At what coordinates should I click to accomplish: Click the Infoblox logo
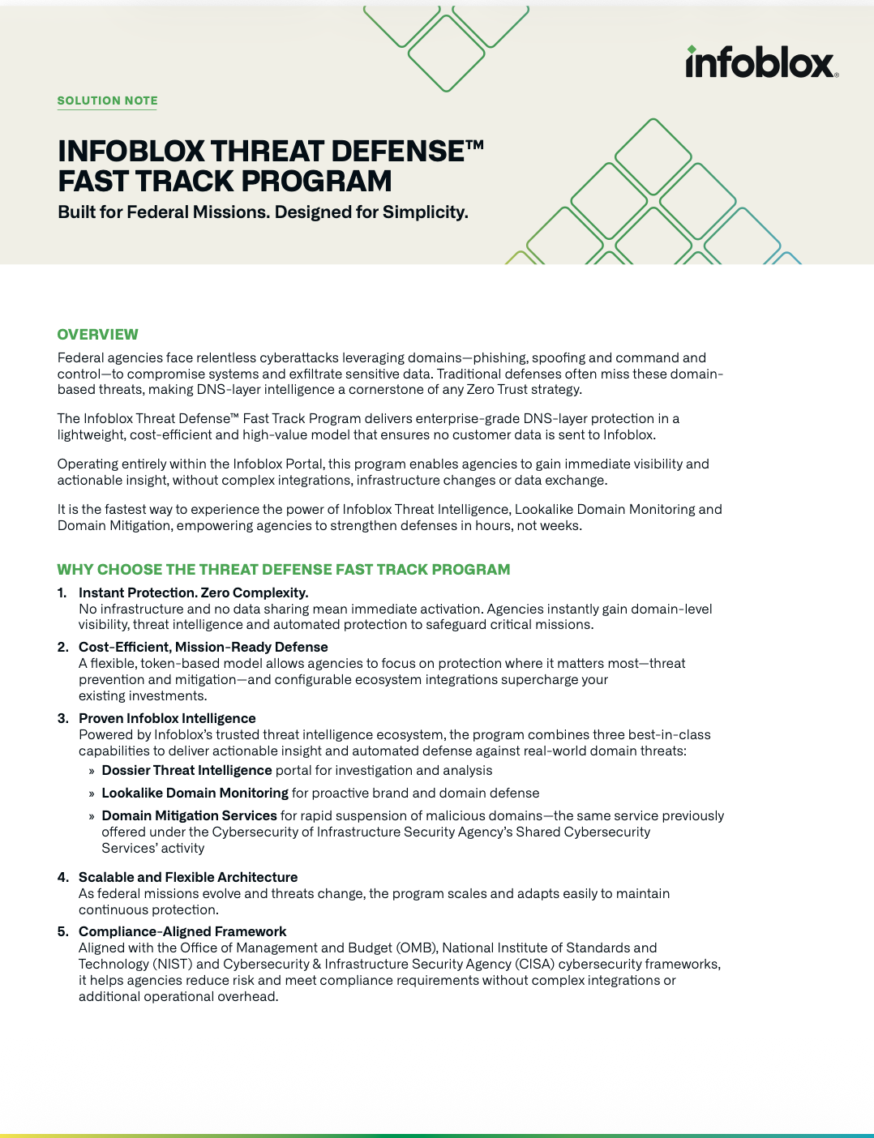[761, 62]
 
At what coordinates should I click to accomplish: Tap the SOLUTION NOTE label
[107, 101]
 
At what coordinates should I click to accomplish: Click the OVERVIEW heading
[97, 335]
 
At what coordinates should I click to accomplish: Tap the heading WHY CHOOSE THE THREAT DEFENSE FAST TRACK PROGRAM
[283, 570]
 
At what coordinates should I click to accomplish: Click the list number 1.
[62, 593]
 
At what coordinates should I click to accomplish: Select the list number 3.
[62, 719]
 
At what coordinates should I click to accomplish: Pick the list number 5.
[62, 932]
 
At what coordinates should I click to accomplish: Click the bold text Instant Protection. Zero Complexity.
[193, 593]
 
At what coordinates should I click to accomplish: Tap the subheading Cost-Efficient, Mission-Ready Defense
[203, 648]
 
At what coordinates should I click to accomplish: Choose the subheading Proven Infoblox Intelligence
[167, 719]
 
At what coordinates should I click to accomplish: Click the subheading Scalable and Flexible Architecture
[188, 878]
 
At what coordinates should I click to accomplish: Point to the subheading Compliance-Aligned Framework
[182, 932]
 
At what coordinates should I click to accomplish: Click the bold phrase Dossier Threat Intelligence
[186, 771]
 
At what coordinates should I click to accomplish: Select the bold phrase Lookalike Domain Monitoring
[195, 794]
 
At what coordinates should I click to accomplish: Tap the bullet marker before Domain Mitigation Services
[92, 817]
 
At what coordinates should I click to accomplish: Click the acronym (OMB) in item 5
[417, 948]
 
